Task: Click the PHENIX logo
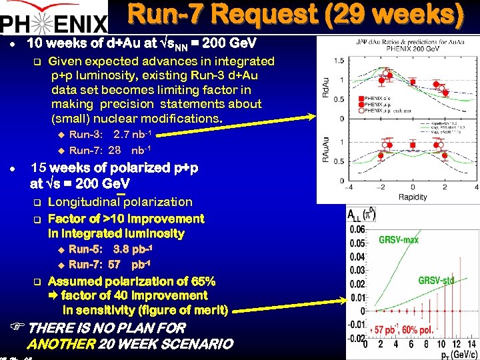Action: [53, 21]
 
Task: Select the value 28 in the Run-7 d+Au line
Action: [114, 150]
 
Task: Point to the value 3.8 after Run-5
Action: [121, 249]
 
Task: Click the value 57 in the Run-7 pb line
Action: [114, 265]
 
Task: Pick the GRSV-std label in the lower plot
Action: [436, 281]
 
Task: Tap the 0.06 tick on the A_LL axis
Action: [356, 229]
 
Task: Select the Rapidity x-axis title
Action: [413, 197]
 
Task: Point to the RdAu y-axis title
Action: [325, 89]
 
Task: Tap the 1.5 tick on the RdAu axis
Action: [339, 61]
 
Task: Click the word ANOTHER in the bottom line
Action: [61, 345]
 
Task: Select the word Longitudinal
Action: [84, 202]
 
